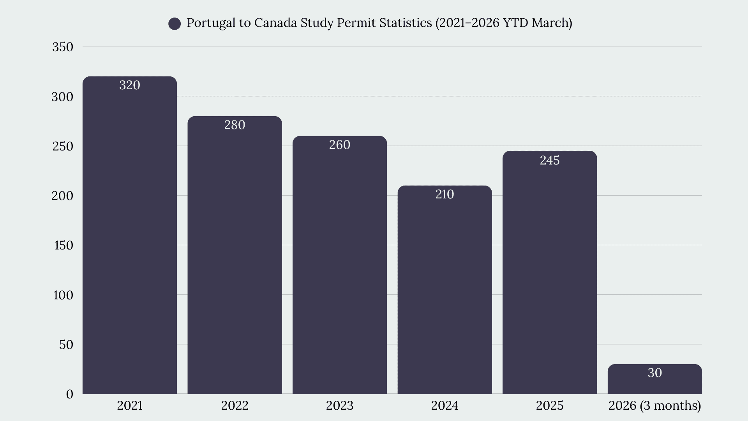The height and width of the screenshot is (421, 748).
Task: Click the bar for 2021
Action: pos(130,235)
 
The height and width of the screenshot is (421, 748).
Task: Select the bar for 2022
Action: pos(235,255)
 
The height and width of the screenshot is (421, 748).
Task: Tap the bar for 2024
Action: pos(445,290)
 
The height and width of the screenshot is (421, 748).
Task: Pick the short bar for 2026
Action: pos(654,379)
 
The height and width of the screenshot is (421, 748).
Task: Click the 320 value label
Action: pos(130,85)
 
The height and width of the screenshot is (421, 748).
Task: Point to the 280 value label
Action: pos(235,125)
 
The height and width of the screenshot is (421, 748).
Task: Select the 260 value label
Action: pos(340,145)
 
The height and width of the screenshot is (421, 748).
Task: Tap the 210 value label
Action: pos(445,194)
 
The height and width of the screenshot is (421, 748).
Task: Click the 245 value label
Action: pos(550,160)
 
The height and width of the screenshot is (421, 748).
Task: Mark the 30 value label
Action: pos(655,373)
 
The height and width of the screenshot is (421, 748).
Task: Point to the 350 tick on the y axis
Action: pos(63,47)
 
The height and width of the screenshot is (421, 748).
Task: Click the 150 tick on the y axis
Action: pos(64,245)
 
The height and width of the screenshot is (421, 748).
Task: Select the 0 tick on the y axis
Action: pos(70,394)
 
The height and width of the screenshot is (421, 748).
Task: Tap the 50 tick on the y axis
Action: pos(66,345)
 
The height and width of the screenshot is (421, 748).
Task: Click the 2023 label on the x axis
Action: pos(340,405)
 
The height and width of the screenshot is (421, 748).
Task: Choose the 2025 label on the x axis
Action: pos(550,405)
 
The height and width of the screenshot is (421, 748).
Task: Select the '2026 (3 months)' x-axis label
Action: pos(655,406)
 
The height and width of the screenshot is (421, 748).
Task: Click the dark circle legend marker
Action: pos(175,24)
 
